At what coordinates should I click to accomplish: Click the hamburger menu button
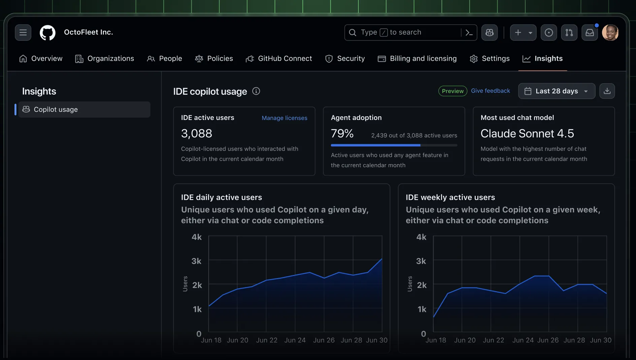click(23, 32)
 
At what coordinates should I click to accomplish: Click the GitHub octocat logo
click(47, 33)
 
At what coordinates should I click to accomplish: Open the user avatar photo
click(610, 33)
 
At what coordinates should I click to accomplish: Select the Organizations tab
click(104, 59)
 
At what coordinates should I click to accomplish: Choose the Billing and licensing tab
click(417, 59)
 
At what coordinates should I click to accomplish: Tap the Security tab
click(345, 59)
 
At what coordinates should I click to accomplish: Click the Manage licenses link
click(284, 118)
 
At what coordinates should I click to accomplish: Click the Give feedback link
click(490, 91)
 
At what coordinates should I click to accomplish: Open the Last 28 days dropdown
click(556, 91)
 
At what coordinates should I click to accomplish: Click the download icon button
click(607, 91)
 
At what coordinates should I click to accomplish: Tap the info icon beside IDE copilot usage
click(256, 91)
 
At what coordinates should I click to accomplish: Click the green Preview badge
click(452, 91)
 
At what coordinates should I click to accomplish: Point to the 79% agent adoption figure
click(342, 133)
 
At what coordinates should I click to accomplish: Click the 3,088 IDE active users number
click(196, 133)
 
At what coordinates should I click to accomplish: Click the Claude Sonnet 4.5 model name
click(527, 133)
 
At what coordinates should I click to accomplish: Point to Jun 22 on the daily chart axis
click(266, 340)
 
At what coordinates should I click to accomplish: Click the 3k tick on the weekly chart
click(421, 261)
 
